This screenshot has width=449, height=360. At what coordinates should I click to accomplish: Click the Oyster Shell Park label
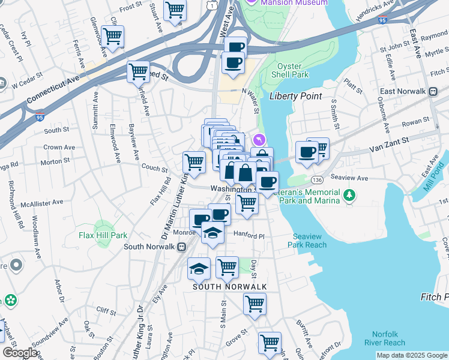point(292,70)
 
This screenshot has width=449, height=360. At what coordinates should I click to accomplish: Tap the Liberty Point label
point(295,96)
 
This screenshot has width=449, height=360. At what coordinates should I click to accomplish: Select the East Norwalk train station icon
point(433,91)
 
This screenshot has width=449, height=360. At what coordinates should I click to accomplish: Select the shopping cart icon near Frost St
point(175,10)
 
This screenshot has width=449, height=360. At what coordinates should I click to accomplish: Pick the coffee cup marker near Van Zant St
point(307,152)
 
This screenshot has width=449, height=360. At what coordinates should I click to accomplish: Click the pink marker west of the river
point(259,140)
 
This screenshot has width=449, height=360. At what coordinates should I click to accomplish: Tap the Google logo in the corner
point(19,353)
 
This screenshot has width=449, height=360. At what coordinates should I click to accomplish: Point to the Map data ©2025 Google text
point(412,355)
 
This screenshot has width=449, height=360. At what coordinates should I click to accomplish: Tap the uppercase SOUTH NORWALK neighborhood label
point(229,287)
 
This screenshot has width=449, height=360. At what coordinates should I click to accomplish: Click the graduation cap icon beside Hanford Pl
point(212,232)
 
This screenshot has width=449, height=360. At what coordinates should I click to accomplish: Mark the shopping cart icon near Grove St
point(270,343)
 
